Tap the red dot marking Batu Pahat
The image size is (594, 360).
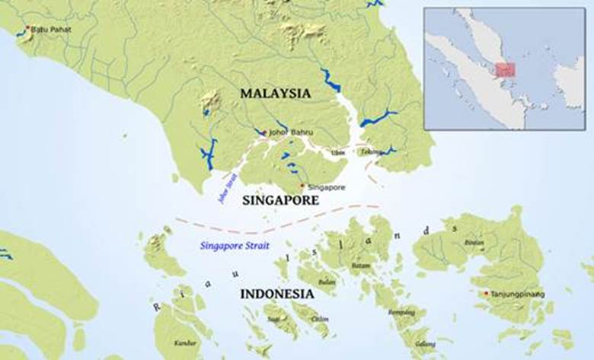(x=28, y=28)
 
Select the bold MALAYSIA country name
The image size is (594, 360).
(x=276, y=93)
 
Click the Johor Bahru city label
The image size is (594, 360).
(x=286, y=132)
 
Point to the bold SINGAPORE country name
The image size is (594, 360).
(x=279, y=200)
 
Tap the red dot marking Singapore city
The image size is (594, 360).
(x=302, y=186)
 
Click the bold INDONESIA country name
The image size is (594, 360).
(x=276, y=294)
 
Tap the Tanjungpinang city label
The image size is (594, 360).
(x=518, y=294)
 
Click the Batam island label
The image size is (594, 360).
(x=360, y=266)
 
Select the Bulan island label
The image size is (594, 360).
(x=327, y=282)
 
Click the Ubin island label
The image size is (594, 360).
(x=338, y=152)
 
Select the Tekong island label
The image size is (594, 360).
(x=371, y=151)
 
